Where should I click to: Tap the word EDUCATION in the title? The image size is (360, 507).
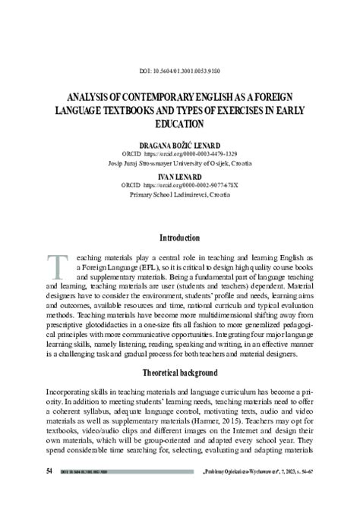point(179,124)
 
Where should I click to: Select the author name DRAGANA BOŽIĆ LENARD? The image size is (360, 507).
point(179,144)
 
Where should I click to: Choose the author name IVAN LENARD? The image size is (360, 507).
point(179,176)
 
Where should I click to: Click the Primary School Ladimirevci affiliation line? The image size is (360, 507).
point(179,194)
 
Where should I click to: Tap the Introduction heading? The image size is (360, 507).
point(179,238)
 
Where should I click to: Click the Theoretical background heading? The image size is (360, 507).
point(179,373)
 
